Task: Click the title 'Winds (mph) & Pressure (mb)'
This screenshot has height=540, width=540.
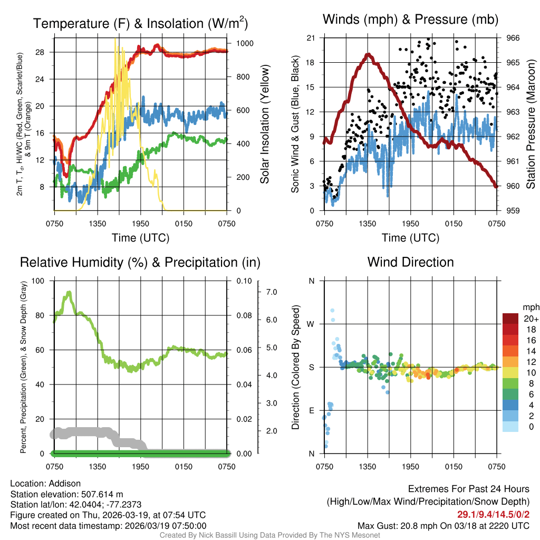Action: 410,20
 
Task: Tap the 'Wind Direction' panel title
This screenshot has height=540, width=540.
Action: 410,262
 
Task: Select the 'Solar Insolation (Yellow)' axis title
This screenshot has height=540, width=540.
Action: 265,124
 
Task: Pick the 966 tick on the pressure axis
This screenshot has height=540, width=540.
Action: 514,37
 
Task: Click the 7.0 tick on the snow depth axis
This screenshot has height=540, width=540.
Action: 271,292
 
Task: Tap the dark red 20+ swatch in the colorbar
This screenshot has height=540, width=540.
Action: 511,319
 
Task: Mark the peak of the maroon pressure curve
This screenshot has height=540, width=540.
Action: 368,54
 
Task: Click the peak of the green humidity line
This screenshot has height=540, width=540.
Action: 69,292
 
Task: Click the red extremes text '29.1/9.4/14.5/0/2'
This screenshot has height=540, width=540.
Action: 493,514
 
